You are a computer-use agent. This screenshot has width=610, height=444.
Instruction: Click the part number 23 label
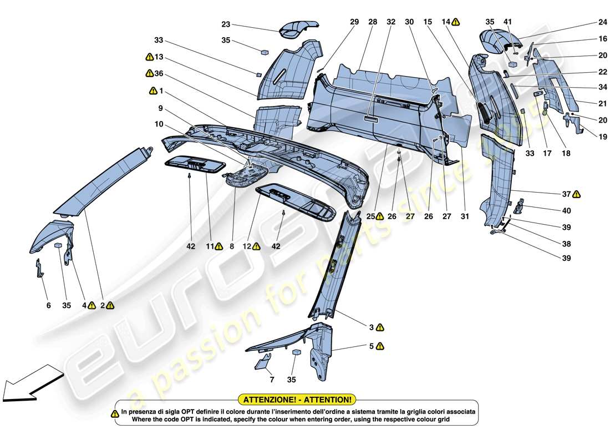[226, 24]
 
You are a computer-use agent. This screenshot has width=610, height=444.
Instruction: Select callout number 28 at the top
[373, 22]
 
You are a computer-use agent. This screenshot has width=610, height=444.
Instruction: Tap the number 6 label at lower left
[48, 305]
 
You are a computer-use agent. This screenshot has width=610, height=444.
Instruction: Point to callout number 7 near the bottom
[272, 380]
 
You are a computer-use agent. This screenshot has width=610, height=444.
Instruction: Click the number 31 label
[464, 216]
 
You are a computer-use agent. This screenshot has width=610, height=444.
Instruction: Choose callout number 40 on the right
[567, 211]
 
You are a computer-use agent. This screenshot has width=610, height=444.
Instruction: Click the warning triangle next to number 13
[149, 57]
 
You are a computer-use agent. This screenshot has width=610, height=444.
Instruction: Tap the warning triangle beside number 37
[577, 194]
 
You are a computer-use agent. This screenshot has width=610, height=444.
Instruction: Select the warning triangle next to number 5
[379, 346]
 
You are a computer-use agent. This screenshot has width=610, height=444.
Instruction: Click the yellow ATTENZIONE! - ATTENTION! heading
[297, 399]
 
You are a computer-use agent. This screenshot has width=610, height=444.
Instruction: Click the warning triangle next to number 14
[455, 22]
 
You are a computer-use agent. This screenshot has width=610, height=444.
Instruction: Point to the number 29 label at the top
[354, 22]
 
